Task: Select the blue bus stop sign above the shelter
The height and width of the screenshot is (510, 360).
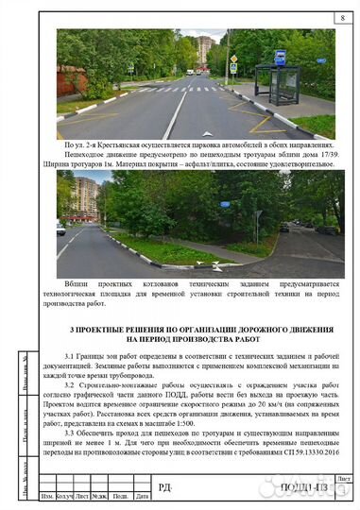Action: pyautogui.click(x=280, y=57)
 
